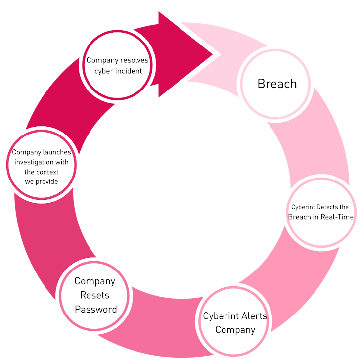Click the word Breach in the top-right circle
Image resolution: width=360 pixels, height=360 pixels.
(277, 84)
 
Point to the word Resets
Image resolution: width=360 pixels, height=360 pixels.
(95, 295)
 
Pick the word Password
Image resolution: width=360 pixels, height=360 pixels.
(96, 310)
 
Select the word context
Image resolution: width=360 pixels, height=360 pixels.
(48, 172)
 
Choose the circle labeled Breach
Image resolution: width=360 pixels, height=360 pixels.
(276, 84)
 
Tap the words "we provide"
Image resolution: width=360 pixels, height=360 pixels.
(42, 181)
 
